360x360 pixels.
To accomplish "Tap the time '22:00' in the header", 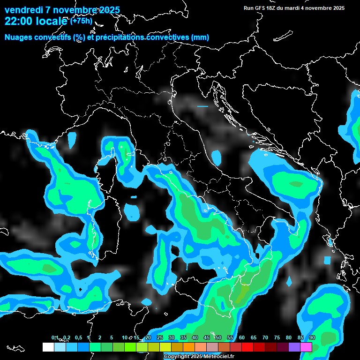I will tap(18, 21).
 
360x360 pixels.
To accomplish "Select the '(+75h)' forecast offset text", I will tap(82, 20).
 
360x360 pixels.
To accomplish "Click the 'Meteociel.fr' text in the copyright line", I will tap(219, 357).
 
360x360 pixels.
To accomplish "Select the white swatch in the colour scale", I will tap(48, 347).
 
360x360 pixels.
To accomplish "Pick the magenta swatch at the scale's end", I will tap(306, 347).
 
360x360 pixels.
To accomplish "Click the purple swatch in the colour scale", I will tap(294, 347).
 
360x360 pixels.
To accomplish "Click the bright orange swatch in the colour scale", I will tap(188, 347).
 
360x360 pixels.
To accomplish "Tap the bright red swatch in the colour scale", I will tap(247, 347).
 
